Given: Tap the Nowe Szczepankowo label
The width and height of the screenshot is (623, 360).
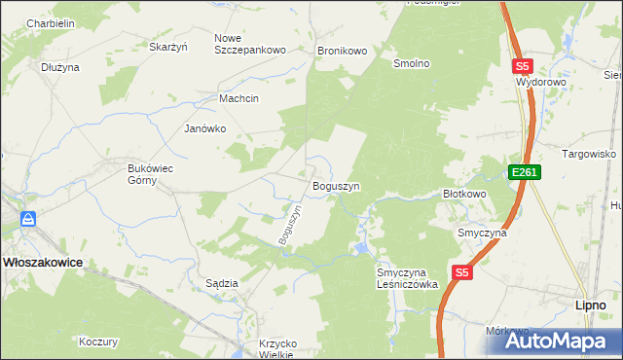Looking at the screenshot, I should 249,44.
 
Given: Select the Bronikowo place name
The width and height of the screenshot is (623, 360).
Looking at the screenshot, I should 342,50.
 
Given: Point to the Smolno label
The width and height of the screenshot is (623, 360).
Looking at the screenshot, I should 411,63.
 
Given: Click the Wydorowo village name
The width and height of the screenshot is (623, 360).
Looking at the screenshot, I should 541,83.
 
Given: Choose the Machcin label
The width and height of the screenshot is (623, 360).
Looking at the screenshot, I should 239,98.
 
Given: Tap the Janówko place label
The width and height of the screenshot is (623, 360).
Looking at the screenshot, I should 205,128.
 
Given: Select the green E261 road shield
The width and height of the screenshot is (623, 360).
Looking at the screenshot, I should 524,172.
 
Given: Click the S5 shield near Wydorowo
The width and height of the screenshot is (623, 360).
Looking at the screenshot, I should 523,66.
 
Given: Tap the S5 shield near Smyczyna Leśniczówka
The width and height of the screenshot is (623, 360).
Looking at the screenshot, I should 461,274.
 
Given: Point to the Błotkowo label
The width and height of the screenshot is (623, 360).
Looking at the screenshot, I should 464,194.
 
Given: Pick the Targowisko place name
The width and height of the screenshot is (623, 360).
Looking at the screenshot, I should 590,154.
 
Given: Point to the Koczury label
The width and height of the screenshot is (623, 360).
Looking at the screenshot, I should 98,342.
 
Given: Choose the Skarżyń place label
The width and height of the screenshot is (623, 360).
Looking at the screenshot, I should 167,46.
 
